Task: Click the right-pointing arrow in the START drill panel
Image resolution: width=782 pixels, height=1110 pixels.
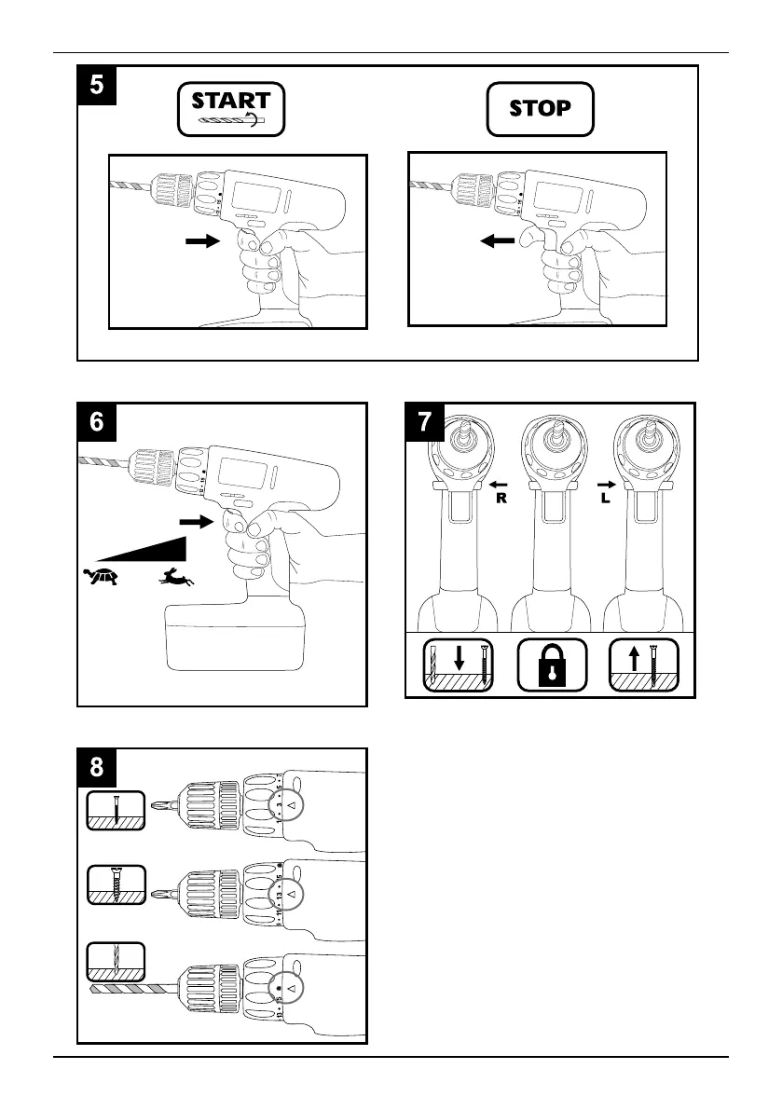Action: tap(199, 240)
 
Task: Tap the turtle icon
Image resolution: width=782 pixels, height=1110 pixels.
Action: tap(100, 577)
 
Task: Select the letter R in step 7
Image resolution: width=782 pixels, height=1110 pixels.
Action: tap(500, 498)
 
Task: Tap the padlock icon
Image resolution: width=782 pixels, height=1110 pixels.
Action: tap(550, 665)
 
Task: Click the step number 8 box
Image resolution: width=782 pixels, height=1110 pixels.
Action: tap(97, 768)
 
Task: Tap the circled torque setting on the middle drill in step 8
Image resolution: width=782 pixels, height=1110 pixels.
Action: tap(290, 893)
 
